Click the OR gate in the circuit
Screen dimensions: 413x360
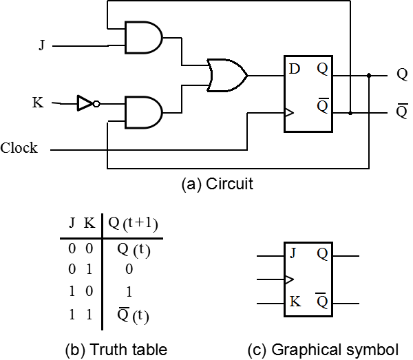click(227, 75)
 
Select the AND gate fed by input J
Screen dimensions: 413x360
click(144, 37)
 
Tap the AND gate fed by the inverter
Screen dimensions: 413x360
click(144, 112)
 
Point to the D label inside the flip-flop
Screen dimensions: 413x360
click(294, 69)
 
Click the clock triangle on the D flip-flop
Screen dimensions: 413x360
click(289, 113)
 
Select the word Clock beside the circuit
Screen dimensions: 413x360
click(19, 148)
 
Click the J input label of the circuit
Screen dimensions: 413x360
click(41, 45)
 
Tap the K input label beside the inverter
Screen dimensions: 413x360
click(38, 103)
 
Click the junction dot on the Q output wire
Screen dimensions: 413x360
click(369, 76)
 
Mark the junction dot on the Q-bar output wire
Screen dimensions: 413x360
click(350, 113)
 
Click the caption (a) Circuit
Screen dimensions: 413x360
click(218, 184)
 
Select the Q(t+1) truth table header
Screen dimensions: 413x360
click(133, 224)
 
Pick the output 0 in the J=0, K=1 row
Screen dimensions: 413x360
click(129, 269)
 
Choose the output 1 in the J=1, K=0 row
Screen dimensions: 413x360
click(129, 292)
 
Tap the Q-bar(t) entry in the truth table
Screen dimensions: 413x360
click(133, 315)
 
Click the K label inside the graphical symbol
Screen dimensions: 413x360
click(295, 301)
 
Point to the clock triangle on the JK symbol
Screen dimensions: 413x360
click(290, 279)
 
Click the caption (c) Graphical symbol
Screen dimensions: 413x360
click(324, 350)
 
